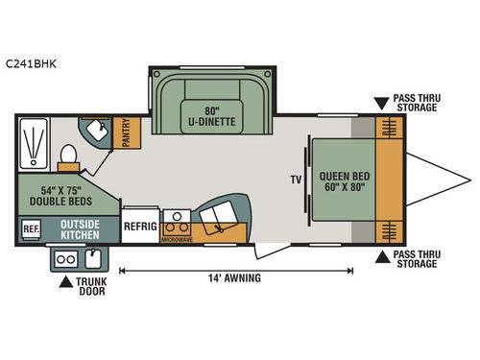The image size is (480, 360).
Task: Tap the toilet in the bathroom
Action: coord(68,154)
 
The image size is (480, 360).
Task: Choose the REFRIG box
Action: coord(140,227)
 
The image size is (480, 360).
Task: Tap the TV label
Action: coord(295,180)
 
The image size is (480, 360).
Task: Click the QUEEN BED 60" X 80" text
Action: coord(343,180)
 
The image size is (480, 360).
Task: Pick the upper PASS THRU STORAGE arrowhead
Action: coord(383,101)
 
